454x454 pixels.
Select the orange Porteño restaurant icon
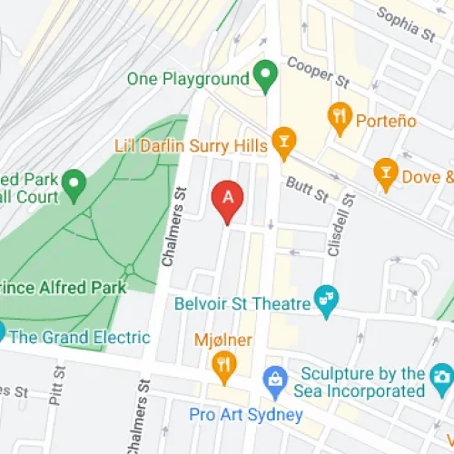(339, 114)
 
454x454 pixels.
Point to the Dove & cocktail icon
(385, 172)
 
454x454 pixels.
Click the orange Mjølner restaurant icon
(222, 364)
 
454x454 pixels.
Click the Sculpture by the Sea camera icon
(441, 375)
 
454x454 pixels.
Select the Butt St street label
(304, 185)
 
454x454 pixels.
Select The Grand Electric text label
(79, 337)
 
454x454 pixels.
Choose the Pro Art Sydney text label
(246, 415)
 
